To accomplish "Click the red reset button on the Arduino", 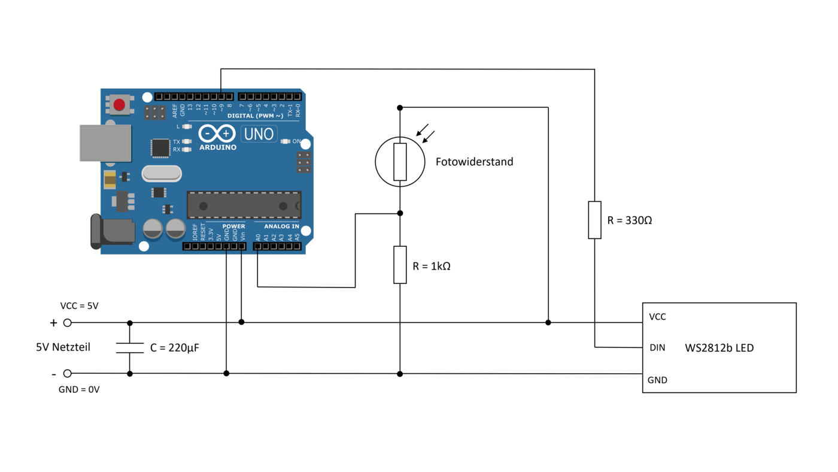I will (x=119, y=105).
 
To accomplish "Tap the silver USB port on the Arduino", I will (x=105, y=143).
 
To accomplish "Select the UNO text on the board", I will (x=259, y=134).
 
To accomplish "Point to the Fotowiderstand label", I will (x=474, y=162).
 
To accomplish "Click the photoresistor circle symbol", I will (x=400, y=162).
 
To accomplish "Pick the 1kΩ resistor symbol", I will (x=400, y=265).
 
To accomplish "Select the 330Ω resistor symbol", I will (x=594, y=220).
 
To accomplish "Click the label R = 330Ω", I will (x=630, y=220).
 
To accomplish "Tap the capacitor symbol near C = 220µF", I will (x=130, y=348).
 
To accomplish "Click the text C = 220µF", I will (x=174, y=347).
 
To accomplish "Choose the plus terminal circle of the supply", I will (x=68, y=323).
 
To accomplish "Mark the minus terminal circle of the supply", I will (x=68, y=373).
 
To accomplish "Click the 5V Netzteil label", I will (x=63, y=347).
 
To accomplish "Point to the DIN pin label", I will (x=657, y=347).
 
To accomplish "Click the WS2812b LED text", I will (x=719, y=347).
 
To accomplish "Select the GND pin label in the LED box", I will (x=657, y=380).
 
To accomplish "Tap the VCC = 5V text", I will (x=79, y=305).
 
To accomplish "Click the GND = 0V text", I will (x=79, y=389).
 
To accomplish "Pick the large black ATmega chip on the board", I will (x=244, y=205).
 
